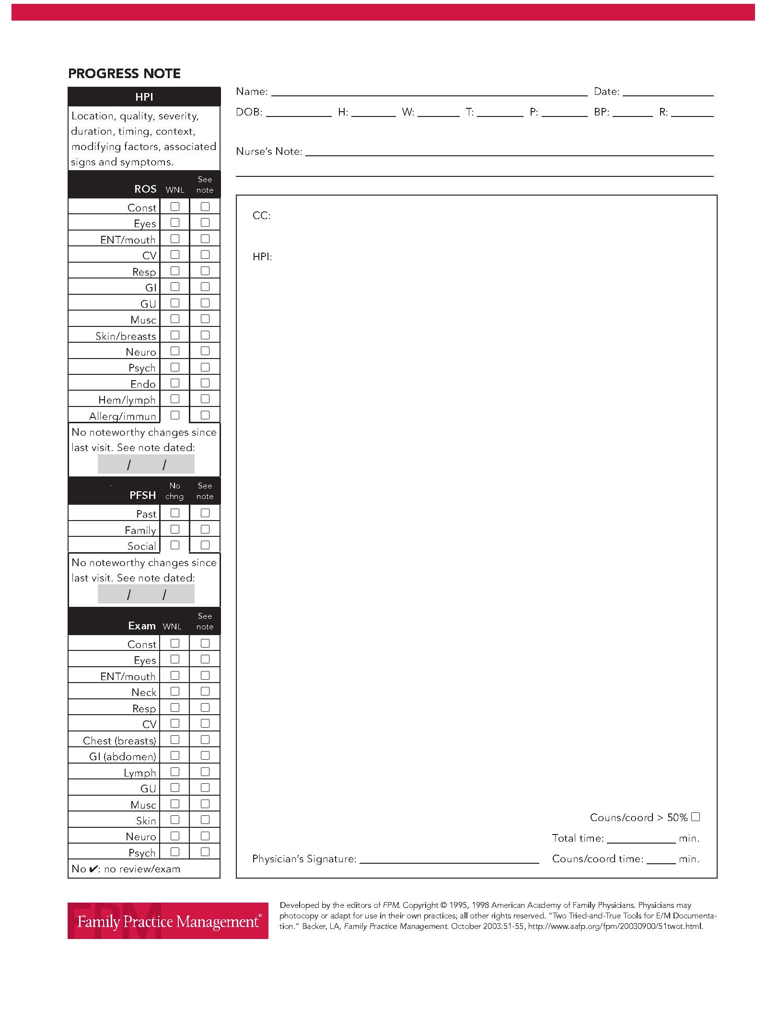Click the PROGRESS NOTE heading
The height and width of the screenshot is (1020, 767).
coord(124,73)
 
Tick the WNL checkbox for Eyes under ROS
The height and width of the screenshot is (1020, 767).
coord(175,222)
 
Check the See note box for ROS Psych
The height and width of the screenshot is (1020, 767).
coord(205,367)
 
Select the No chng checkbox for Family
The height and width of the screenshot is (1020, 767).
coord(175,529)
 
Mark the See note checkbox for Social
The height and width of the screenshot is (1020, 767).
coord(205,545)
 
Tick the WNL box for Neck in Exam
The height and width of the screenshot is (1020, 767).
coord(175,691)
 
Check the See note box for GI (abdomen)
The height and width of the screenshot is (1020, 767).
coord(205,755)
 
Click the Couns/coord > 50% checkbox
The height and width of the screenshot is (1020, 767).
coord(696,817)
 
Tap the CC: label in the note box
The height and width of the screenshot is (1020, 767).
coord(261,216)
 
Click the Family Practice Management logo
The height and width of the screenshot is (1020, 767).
coord(168,921)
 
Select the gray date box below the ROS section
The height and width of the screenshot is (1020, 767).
coord(146,464)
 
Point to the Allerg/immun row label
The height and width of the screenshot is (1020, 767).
coord(123,416)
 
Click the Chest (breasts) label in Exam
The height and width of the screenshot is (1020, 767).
coord(119,741)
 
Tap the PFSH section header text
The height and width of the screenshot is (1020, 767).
coord(142,495)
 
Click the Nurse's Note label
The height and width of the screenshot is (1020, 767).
coord(269,151)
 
